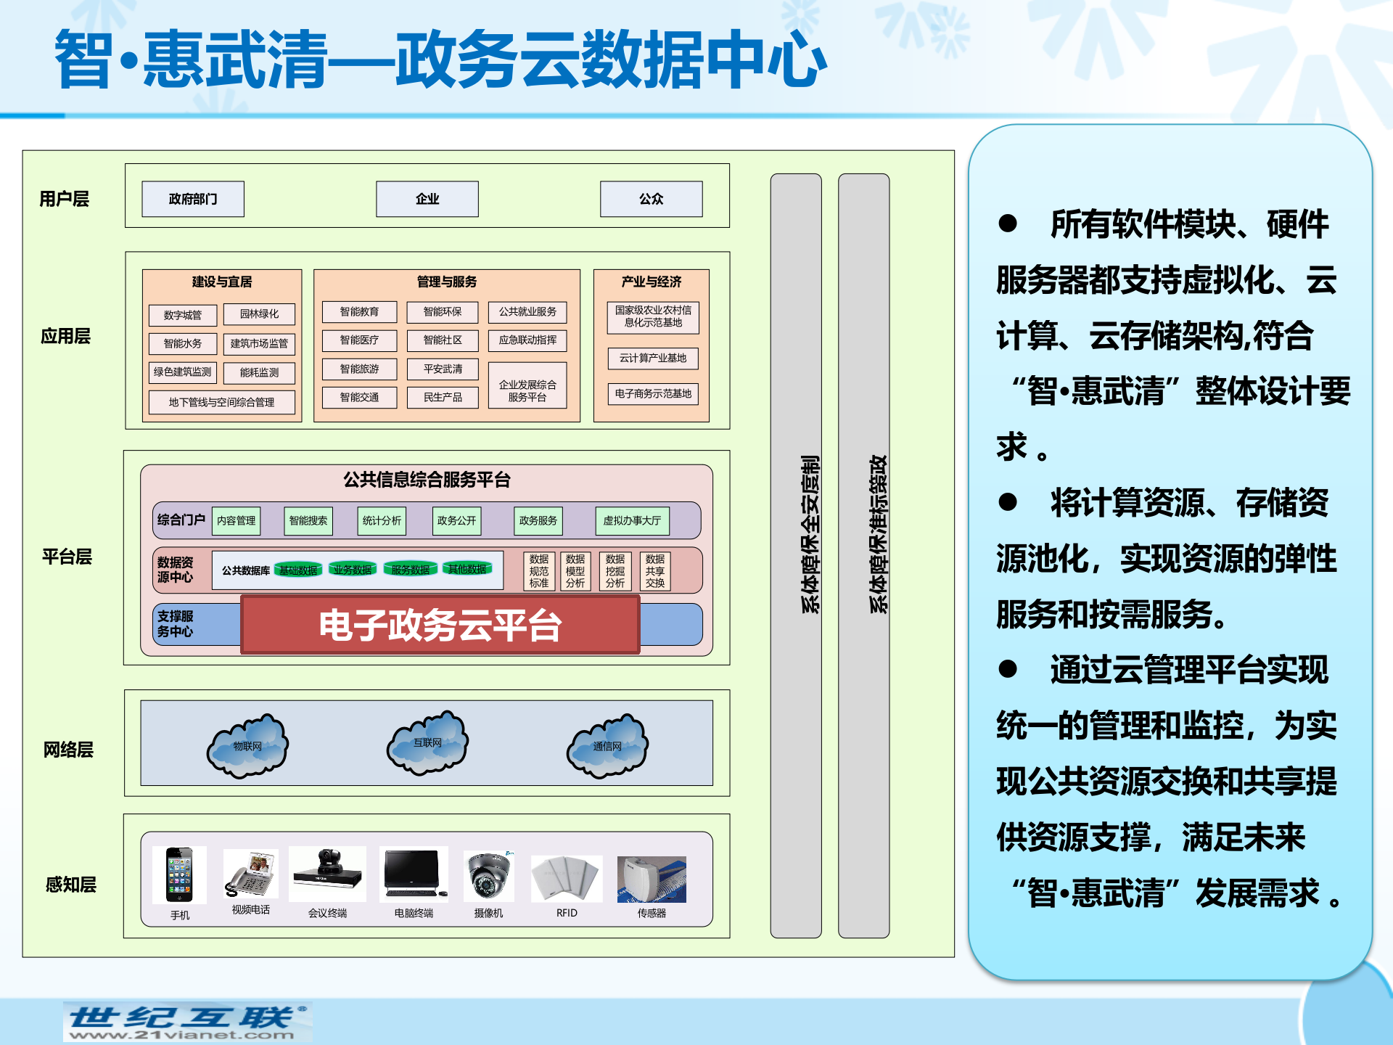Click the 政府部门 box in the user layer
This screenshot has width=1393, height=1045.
[193, 199]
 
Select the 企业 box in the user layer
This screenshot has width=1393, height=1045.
[427, 199]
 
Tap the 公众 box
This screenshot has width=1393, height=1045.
[651, 199]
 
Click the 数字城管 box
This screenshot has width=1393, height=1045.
[183, 315]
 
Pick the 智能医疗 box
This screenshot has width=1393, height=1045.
[359, 340]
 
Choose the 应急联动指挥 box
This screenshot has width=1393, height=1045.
[527, 340]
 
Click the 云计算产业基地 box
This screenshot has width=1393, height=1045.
[652, 358]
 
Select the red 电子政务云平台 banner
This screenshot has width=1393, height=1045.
[440, 625]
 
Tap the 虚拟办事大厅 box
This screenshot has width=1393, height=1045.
[632, 520]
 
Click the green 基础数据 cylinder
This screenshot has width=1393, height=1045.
[298, 570]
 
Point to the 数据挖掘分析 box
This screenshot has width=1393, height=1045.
[615, 571]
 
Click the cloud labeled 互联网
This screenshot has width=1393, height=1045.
[427, 744]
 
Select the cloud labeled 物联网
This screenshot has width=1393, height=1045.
[247, 747]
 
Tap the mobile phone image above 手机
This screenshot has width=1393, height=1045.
[179, 874]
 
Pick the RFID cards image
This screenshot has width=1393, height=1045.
[567, 878]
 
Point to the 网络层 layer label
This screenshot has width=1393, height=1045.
[68, 750]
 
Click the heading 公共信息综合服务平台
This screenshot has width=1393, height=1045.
[427, 480]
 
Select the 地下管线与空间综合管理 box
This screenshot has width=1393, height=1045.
[221, 402]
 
